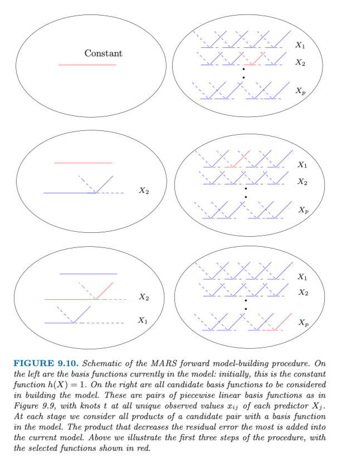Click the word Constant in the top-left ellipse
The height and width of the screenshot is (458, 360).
pos(103,53)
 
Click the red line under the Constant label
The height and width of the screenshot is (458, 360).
pos(87,65)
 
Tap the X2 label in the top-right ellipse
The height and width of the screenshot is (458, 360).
pos(300,62)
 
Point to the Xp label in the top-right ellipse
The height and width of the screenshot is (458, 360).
pos(300,90)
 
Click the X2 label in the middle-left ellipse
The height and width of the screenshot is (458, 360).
pos(144,191)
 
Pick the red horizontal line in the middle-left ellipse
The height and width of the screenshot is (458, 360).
pos(83,163)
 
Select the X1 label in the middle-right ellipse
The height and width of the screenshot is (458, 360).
pos(302,165)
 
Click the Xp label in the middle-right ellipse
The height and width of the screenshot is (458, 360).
pos(302,210)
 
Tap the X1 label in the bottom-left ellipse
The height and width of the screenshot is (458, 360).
pos(143,320)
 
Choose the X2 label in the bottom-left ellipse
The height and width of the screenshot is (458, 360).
pos(144,298)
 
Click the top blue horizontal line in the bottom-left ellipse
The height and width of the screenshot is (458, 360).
pos(88,274)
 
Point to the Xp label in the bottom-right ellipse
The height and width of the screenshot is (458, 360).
pos(302,322)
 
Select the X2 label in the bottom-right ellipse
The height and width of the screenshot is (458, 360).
pos(302,293)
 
